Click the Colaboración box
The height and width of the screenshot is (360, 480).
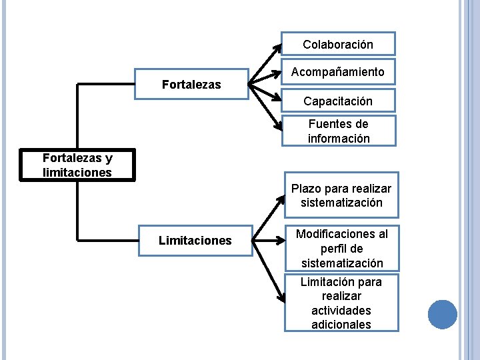(338, 44)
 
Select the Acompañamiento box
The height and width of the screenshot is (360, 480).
(338, 72)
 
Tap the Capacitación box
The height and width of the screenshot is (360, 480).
(338, 101)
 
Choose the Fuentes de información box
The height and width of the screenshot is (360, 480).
(338, 131)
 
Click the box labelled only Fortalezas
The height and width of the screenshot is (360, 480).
(191, 85)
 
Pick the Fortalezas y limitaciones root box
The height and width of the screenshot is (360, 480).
(77, 165)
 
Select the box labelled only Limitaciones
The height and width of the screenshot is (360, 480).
(195, 240)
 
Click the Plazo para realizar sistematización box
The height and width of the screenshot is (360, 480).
(341, 195)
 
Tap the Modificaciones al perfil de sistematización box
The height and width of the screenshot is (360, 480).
(341, 248)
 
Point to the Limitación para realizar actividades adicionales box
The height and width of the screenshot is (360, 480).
(341, 303)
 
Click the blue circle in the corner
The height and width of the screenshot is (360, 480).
(442, 314)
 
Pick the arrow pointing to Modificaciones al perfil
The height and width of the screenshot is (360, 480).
(267, 239)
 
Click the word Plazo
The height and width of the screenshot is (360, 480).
(307, 189)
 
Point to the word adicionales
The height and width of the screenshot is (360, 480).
(341, 325)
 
